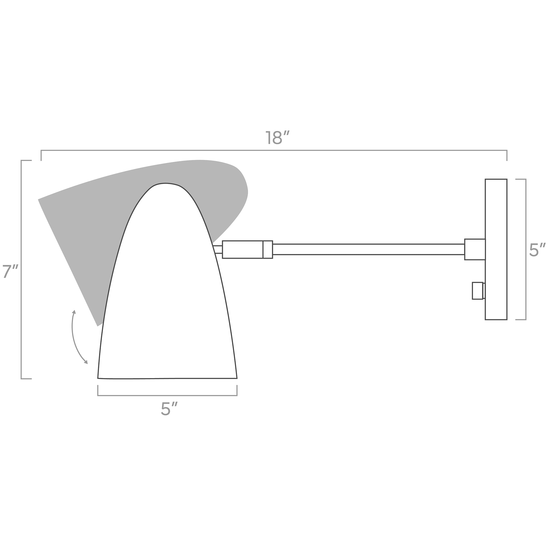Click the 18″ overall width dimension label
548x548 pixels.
277,137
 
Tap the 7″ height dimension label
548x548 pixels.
10,271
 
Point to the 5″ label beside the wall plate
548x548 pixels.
537,250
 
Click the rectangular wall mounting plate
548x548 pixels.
496,249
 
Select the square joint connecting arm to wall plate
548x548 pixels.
475,249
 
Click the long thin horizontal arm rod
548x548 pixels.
368,249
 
